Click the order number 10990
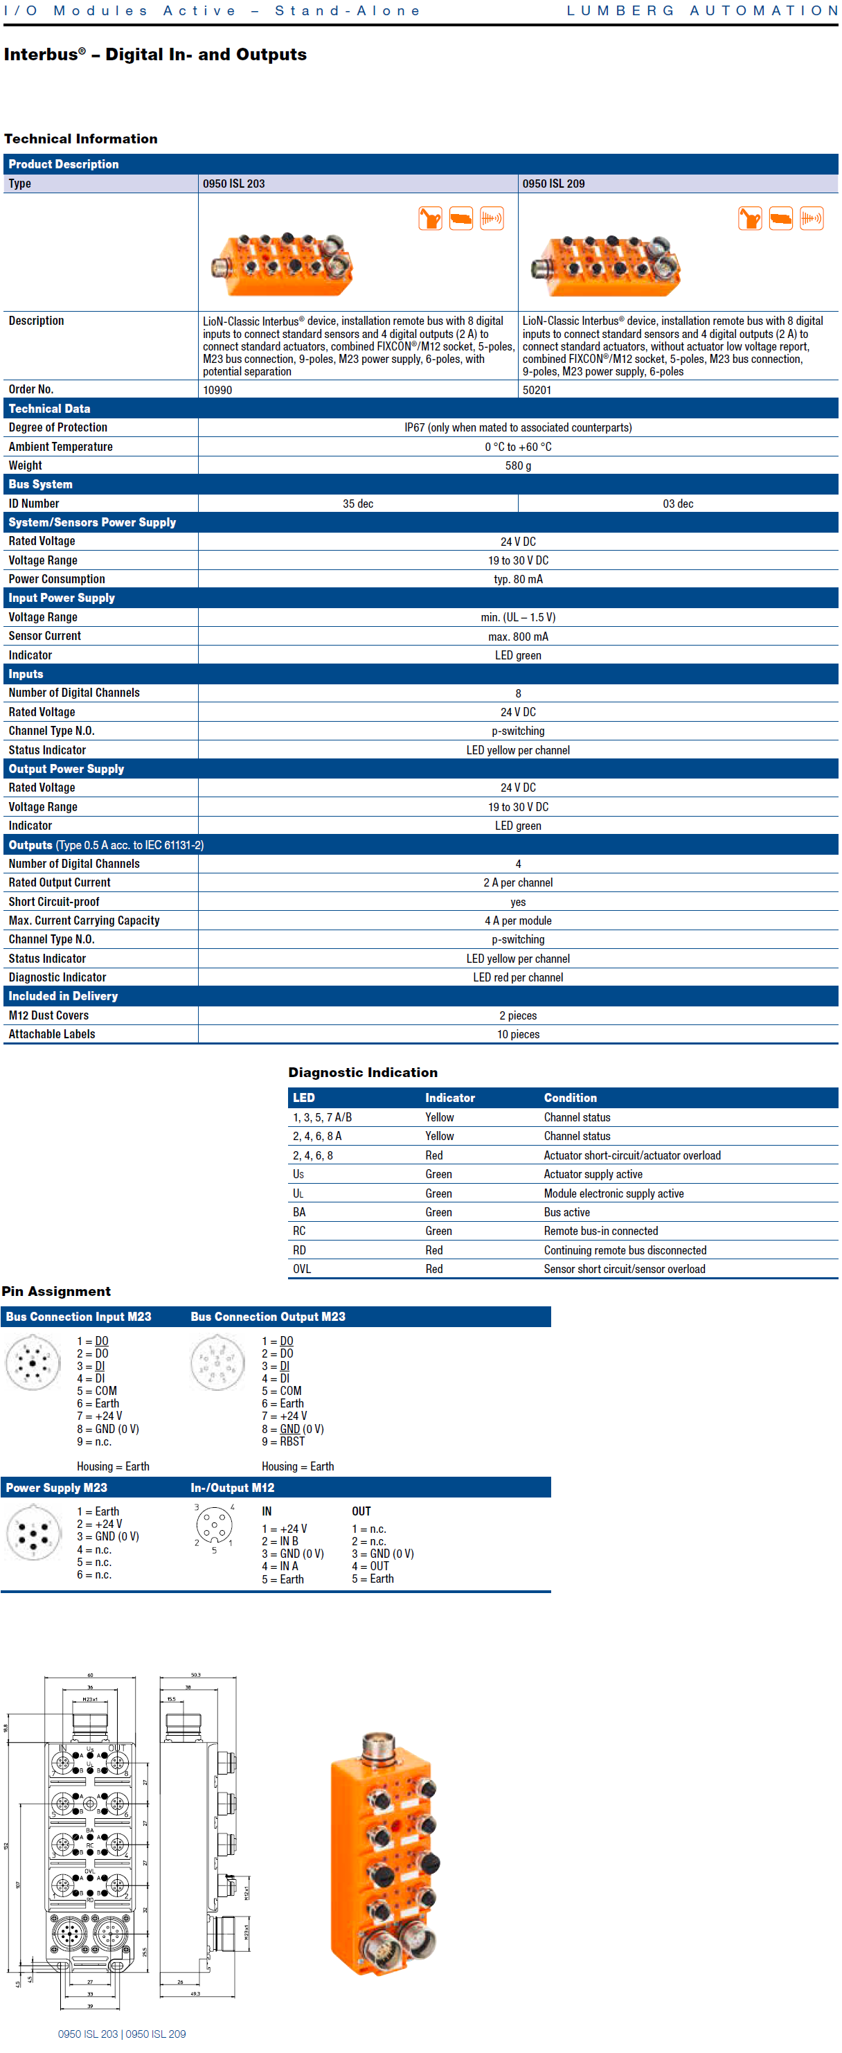point(217,390)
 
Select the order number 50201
point(537,390)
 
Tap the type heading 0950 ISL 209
point(554,184)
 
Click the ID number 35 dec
point(358,504)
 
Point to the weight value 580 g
point(518,465)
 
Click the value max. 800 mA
point(518,636)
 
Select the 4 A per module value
point(518,921)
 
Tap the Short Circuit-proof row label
point(54,901)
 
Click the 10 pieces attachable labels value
point(518,1035)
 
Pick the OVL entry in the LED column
point(302,1269)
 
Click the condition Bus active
point(566,1212)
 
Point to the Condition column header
point(571,1097)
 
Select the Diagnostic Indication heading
point(362,1073)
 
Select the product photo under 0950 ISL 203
point(282,264)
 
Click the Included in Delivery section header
point(63,996)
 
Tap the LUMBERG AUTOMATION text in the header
point(702,10)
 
